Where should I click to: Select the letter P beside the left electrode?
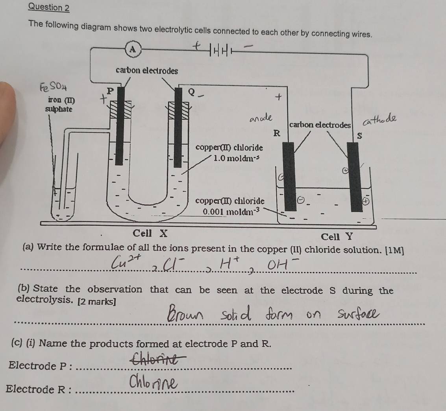tap(110, 91)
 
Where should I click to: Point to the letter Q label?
tap(191, 92)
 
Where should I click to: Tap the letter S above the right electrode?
tap(359, 136)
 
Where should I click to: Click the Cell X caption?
tap(150, 233)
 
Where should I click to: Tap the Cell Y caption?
tap(337, 237)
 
